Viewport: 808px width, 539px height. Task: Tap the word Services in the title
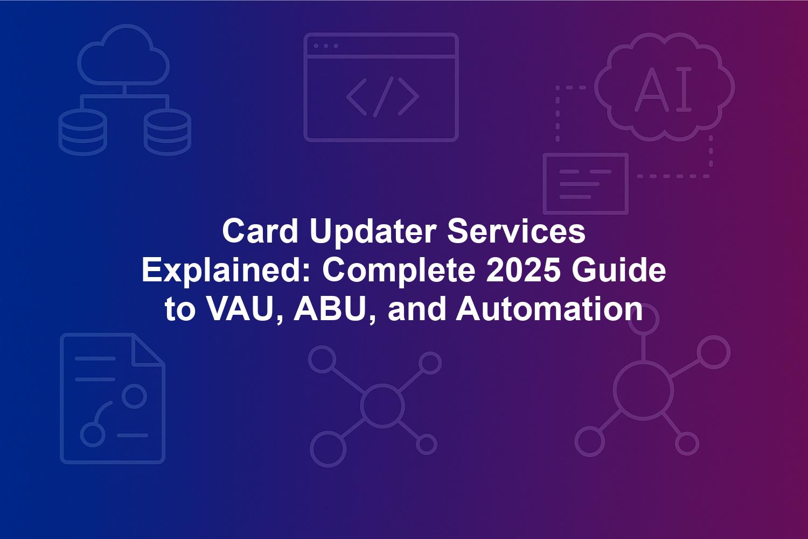(x=517, y=231)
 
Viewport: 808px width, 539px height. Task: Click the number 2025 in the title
(x=523, y=271)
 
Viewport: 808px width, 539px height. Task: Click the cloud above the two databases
(x=123, y=55)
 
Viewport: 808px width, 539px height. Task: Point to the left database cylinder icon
(x=82, y=132)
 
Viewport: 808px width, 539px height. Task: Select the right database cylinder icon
(x=168, y=132)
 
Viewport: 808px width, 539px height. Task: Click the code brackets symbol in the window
(x=382, y=97)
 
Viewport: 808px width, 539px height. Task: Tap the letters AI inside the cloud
(x=663, y=89)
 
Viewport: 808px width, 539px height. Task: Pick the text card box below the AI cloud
(x=586, y=184)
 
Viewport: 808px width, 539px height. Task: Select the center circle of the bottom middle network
(x=382, y=405)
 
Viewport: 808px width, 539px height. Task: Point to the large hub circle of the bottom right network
(x=643, y=392)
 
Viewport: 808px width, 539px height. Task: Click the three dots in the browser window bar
(x=326, y=46)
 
